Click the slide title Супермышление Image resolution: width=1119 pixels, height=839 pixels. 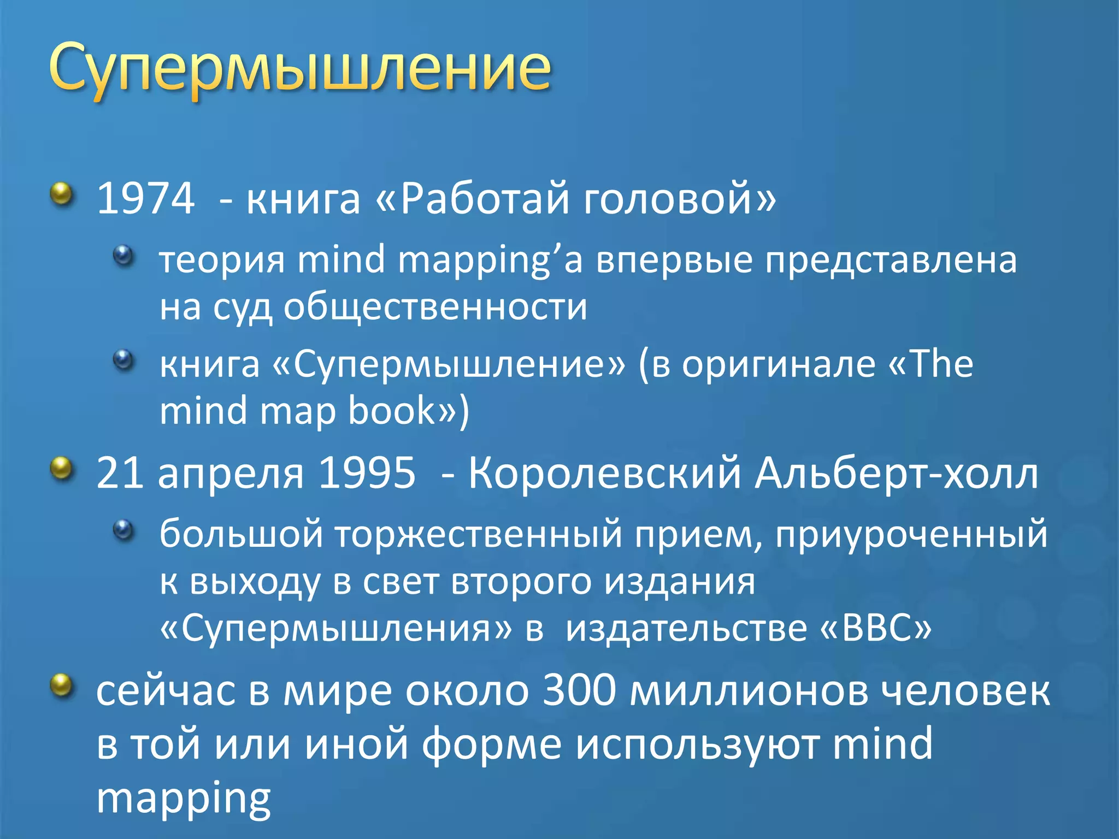(299, 70)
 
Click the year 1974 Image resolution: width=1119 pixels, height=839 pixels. (145, 198)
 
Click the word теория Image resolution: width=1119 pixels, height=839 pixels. (222, 260)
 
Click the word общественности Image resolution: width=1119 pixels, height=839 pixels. (435, 307)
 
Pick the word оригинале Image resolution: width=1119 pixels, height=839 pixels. (778, 364)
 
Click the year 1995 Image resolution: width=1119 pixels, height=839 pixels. (367, 473)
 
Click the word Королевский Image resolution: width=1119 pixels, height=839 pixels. (604, 473)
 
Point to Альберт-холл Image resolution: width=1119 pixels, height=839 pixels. (896, 473)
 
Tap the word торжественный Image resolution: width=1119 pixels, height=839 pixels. (478, 534)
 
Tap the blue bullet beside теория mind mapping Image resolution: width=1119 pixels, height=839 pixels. (123, 255)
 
